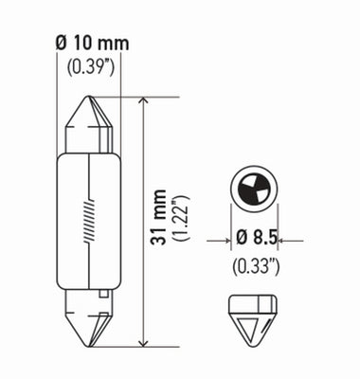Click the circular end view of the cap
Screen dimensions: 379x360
[x=251, y=189]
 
